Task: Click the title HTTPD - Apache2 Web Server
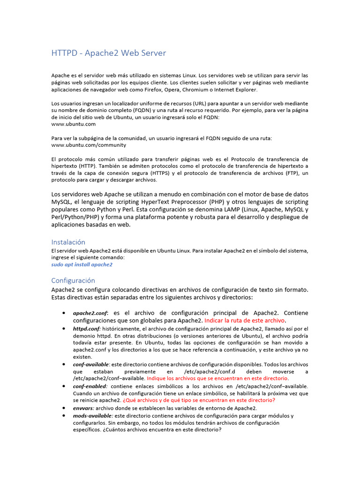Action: click(x=108, y=53)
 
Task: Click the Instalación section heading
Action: click(x=68, y=242)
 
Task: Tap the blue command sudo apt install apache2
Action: click(x=82, y=264)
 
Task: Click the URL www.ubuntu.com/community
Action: click(x=89, y=145)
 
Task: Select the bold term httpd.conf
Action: click(x=87, y=329)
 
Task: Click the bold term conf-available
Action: click(x=91, y=364)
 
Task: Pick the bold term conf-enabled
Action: click(x=90, y=386)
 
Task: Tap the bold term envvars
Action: click(x=83, y=408)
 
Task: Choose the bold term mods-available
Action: click(x=93, y=415)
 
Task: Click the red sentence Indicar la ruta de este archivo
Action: click(x=245, y=321)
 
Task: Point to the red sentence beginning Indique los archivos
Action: click(x=218, y=378)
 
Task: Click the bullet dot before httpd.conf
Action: click(x=63, y=329)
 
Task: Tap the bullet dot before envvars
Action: click(x=63, y=408)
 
